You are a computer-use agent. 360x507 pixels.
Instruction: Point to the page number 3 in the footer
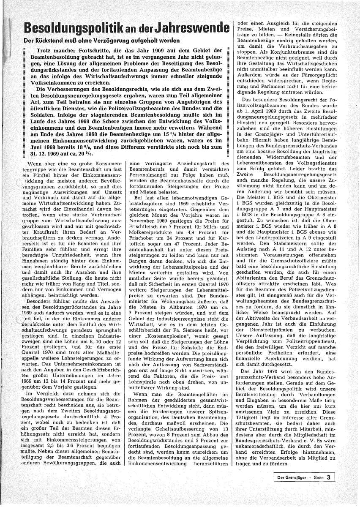(x=327, y=478)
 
